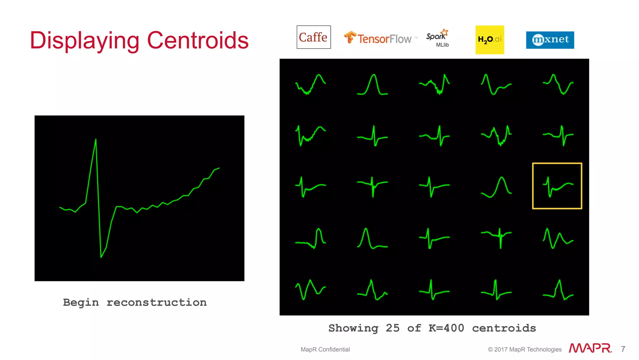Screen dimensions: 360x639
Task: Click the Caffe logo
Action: click(313, 37)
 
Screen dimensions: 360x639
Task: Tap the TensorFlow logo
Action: click(380, 38)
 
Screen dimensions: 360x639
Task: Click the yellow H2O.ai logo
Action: click(489, 40)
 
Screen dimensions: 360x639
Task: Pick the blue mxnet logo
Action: click(550, 40)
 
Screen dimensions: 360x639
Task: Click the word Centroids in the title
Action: click(198, 40)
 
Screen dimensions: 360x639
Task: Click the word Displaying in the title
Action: click(85, 41)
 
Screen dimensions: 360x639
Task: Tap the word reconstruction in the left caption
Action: click(156, 302)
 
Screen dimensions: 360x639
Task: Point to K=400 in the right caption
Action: click(446, 328)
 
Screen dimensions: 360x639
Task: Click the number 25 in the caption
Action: click(393, 328)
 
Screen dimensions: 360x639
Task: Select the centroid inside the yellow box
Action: click(557, 186)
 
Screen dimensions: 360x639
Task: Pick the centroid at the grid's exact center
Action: click(434, 186)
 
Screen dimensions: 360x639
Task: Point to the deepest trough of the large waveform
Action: click(101, 257)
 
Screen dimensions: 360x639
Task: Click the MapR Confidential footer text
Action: click(325, 349)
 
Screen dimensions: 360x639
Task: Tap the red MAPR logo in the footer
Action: click(590, 348)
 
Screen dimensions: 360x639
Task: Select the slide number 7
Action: click(623, 349)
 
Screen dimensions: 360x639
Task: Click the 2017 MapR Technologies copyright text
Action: click(525, 349)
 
